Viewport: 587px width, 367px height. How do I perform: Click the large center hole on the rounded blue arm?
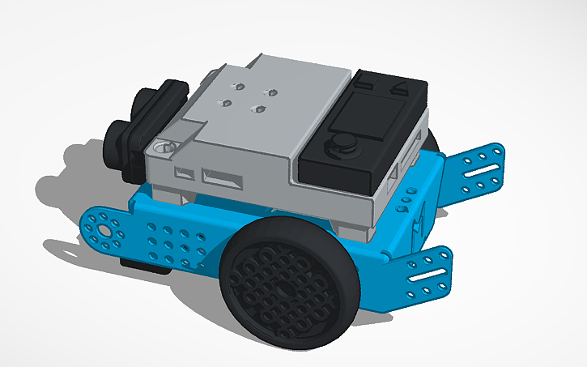pos(104,229)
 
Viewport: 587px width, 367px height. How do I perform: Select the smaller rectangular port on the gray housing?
pos(185,172)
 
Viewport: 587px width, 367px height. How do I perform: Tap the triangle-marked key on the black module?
pos(398,90)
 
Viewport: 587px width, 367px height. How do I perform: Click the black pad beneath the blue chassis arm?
pos(138,262)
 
